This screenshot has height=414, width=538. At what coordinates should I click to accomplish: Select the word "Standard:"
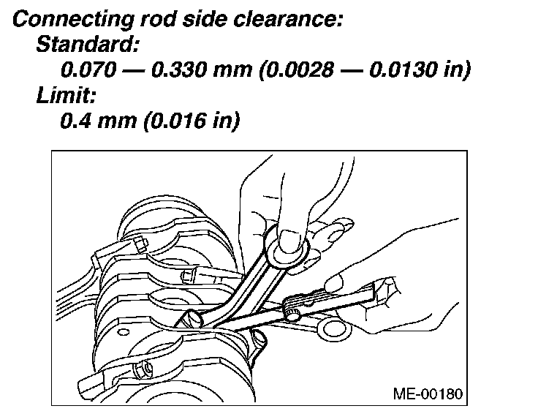(x=86, y=44)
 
